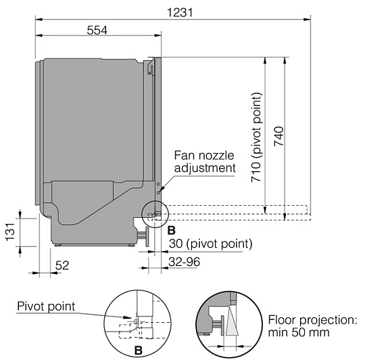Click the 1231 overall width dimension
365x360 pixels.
point(180,13)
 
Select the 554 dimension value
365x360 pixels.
point(97,30)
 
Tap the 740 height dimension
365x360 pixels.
point(278,136)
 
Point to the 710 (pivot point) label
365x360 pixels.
point(257,137)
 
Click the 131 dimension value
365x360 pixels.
point(10,232)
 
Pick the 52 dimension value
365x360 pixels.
point(62,265)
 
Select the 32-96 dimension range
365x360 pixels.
point(184,262)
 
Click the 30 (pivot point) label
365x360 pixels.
point(211,244)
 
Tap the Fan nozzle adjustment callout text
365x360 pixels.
point(205,162)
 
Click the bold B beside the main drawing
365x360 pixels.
point(171,231)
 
